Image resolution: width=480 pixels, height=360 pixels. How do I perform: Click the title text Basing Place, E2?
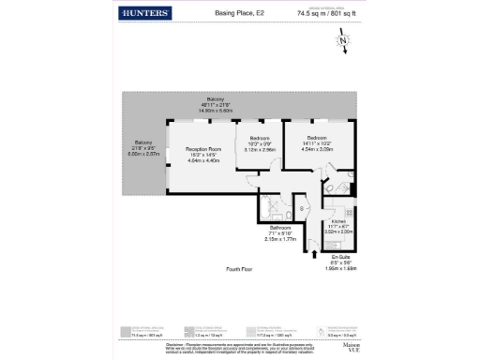[x=239, y=13]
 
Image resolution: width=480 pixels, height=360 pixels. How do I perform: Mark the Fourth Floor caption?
[x=241, y=269]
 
